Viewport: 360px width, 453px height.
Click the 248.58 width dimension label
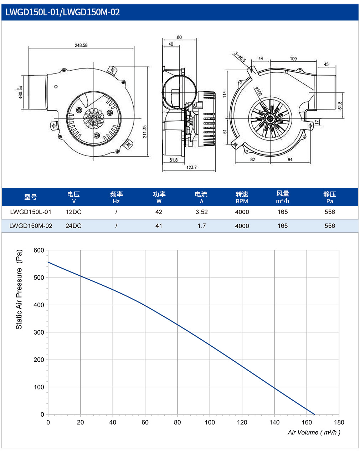pos(81,45)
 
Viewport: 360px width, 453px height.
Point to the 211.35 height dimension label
pos(145,132)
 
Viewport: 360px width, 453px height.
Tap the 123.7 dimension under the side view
pos(191,167)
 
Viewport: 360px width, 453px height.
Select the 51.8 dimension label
pos(174,160)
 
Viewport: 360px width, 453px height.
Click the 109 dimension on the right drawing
pos(293,59)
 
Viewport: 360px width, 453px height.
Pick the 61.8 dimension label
pos(340,105)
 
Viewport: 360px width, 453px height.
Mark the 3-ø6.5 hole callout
pos(240,57)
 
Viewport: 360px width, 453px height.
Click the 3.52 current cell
pos(202,212)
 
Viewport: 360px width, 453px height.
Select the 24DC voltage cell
pos(73,226)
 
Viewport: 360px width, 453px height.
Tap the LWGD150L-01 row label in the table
pos(31,212)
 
